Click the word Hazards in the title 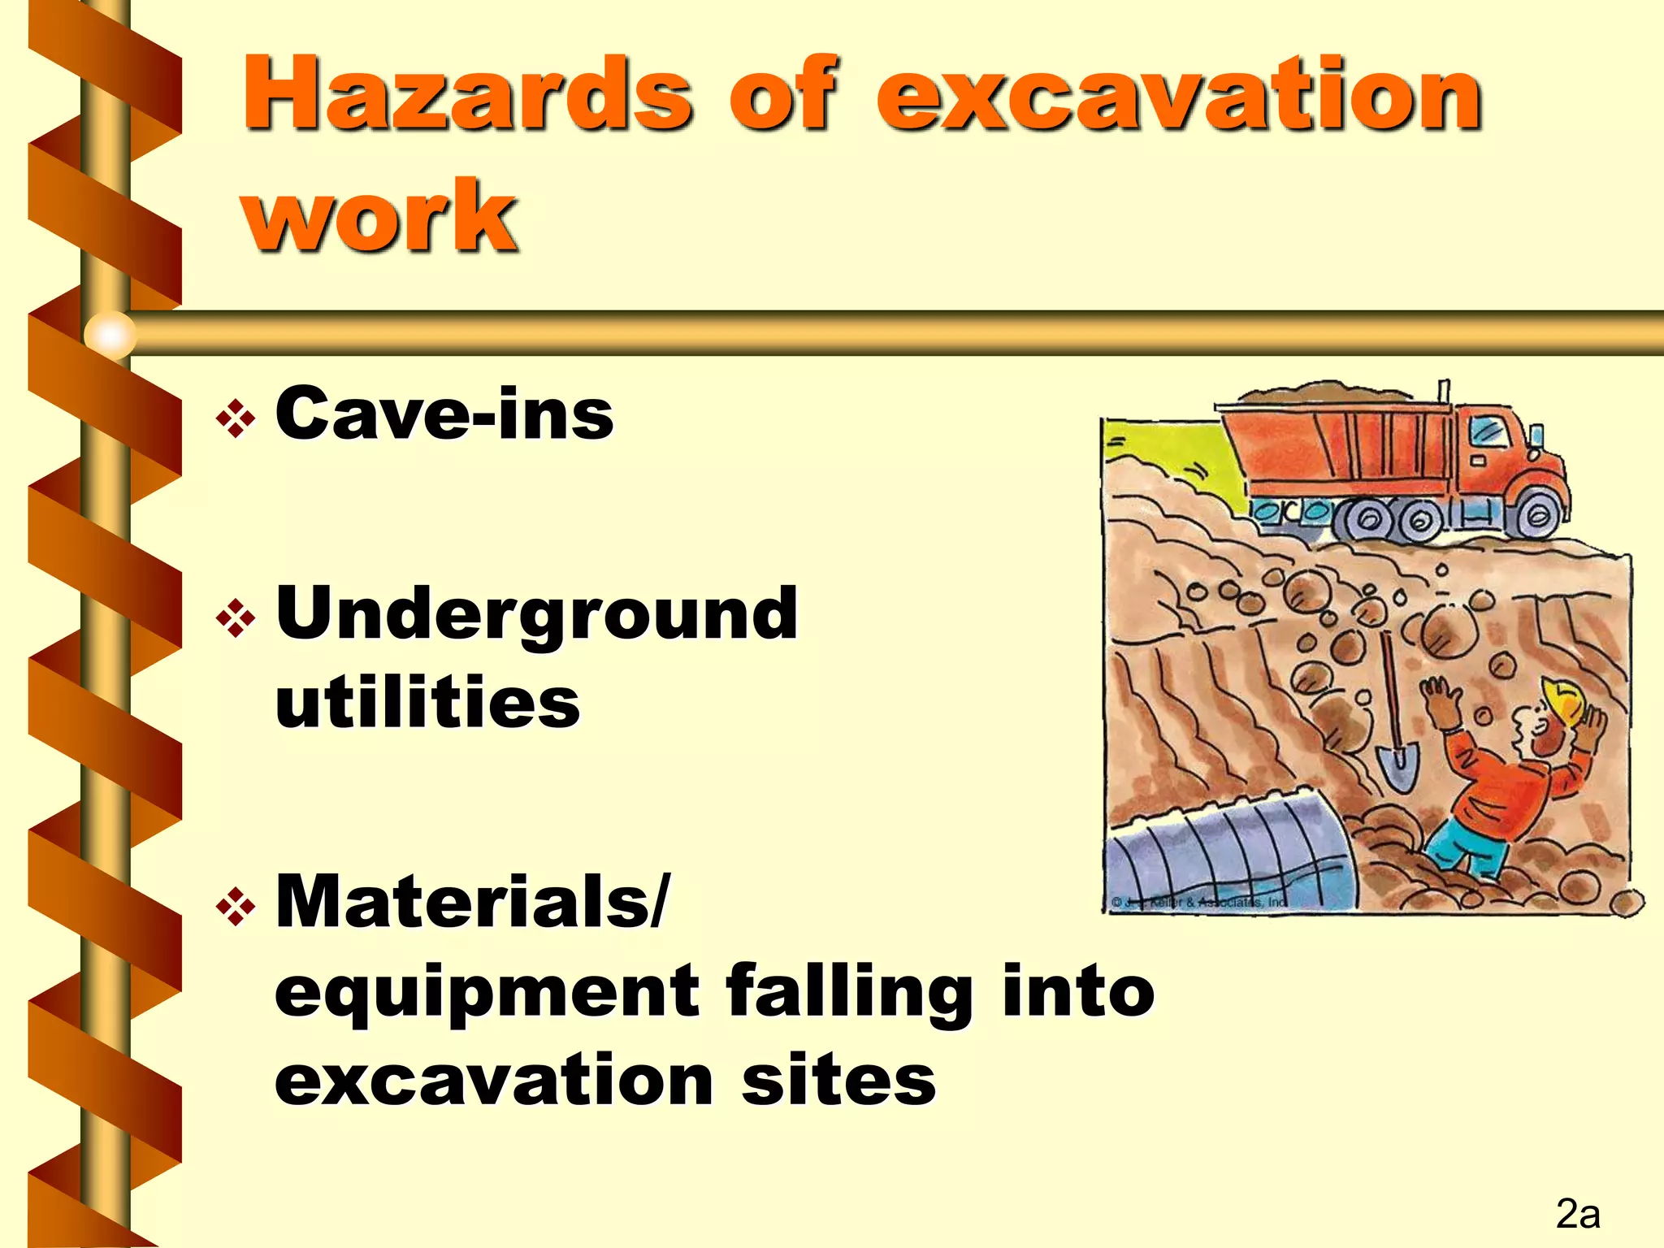467,93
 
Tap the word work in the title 379,215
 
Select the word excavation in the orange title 1178,93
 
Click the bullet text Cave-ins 444,414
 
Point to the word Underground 537,613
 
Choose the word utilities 428,703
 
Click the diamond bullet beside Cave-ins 236,419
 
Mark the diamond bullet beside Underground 236,619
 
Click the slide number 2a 1577,1215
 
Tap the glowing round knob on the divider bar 110,334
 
